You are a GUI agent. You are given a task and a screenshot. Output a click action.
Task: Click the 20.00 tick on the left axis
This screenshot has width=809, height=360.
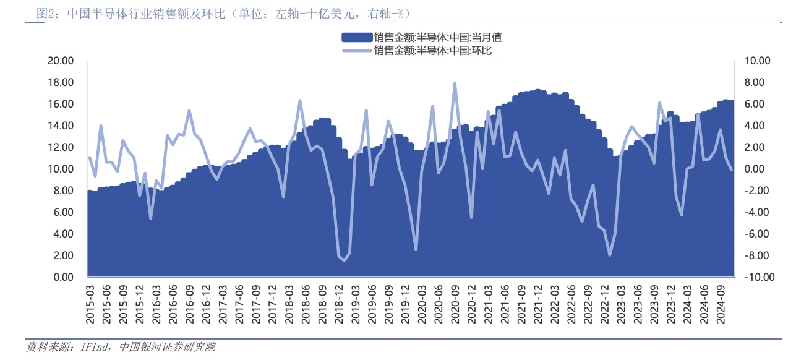pos(61,61)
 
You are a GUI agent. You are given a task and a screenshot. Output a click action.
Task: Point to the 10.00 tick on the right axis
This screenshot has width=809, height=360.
pos(757,61)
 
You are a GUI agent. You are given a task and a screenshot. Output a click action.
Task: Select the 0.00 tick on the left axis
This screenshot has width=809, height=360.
pos(64,277)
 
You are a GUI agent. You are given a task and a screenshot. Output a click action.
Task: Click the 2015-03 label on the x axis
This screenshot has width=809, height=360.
pos(91,304)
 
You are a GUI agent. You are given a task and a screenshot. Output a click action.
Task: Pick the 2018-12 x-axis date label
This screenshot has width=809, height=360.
pos(338,304)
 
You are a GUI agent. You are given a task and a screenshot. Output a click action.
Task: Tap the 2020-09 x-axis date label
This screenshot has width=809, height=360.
pos(453,304)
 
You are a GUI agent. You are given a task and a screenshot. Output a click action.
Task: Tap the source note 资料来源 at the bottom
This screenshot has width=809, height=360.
pos(121,348)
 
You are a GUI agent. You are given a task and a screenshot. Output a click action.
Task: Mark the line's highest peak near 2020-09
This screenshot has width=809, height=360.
pos(455,83)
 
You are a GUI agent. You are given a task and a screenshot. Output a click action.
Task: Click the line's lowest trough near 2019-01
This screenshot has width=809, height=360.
pos(344,260)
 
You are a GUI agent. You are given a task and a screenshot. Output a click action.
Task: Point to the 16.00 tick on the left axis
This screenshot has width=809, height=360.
pos(61,104)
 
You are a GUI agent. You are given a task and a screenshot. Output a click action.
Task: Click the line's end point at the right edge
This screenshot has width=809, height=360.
pos(732,169)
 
